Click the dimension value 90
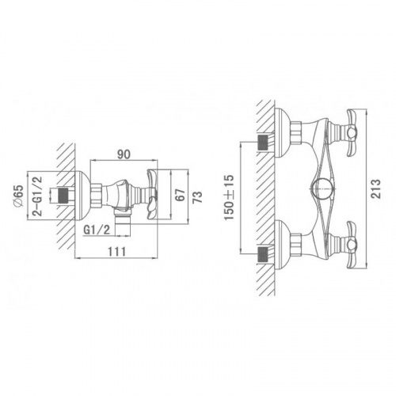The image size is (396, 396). click(x=124, y=154)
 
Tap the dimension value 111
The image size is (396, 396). click(x=117, y=252)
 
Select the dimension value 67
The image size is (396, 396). click(x=181, y=195)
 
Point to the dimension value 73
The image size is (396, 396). click(x=198, y=196)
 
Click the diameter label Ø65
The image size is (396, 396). click(x=19, y=196)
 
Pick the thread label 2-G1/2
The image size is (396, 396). click(x=38, y=196)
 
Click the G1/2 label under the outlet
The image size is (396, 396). click(x=97, y=230)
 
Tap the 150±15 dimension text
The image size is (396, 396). click(x=229, y=197)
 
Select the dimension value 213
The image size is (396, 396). click(x=376, y=188)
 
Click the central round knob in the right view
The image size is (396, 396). click(x=321, y=189)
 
